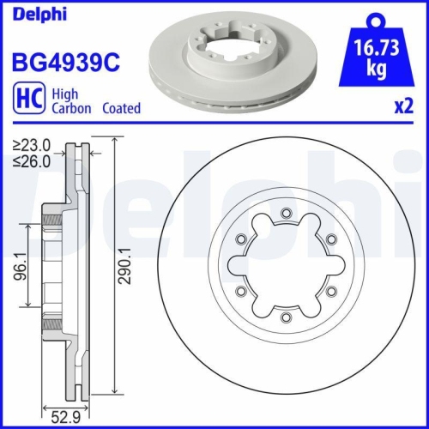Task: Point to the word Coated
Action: (121, 109)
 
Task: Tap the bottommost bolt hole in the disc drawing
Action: (285, 322)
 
